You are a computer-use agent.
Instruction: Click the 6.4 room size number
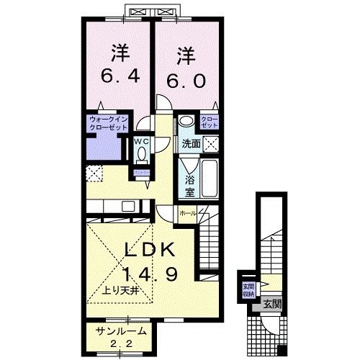tap(120, 74)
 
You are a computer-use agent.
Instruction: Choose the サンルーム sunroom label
tap(122, 331)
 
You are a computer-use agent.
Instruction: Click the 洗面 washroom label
tap(191, 143)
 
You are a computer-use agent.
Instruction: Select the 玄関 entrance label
tap(271, 304)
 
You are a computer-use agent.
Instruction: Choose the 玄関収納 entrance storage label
tap(248, 288)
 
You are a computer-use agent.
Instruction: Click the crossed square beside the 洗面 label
tap(210, 143)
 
